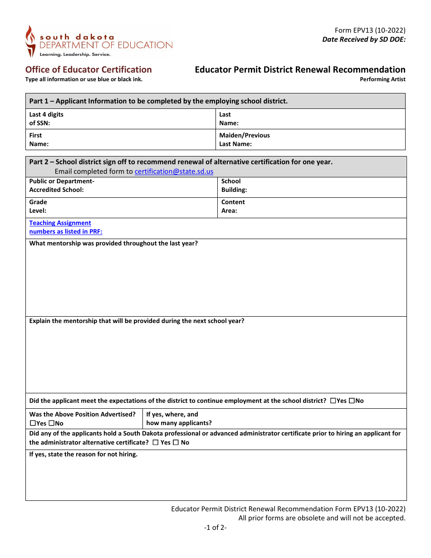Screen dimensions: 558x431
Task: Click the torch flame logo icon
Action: [30, 41]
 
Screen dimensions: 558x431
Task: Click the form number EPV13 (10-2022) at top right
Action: [370, 30]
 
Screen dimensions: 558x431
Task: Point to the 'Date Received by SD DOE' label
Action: [363, 39]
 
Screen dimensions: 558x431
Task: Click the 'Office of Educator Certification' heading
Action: [88, 69]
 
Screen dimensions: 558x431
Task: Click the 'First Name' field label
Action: [39, 140]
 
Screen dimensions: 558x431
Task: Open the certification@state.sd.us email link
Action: [174, 171]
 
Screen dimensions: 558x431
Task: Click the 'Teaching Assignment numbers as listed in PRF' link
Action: [66, 227]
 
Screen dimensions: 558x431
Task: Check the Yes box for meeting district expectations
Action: [333, 401]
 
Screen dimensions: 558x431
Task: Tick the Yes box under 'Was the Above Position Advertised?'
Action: [33, 423]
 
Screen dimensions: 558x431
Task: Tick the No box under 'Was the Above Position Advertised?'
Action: [51, 423]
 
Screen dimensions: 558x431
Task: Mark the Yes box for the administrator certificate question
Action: [156, 442]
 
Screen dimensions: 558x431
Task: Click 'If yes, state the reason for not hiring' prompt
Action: [83, 454]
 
